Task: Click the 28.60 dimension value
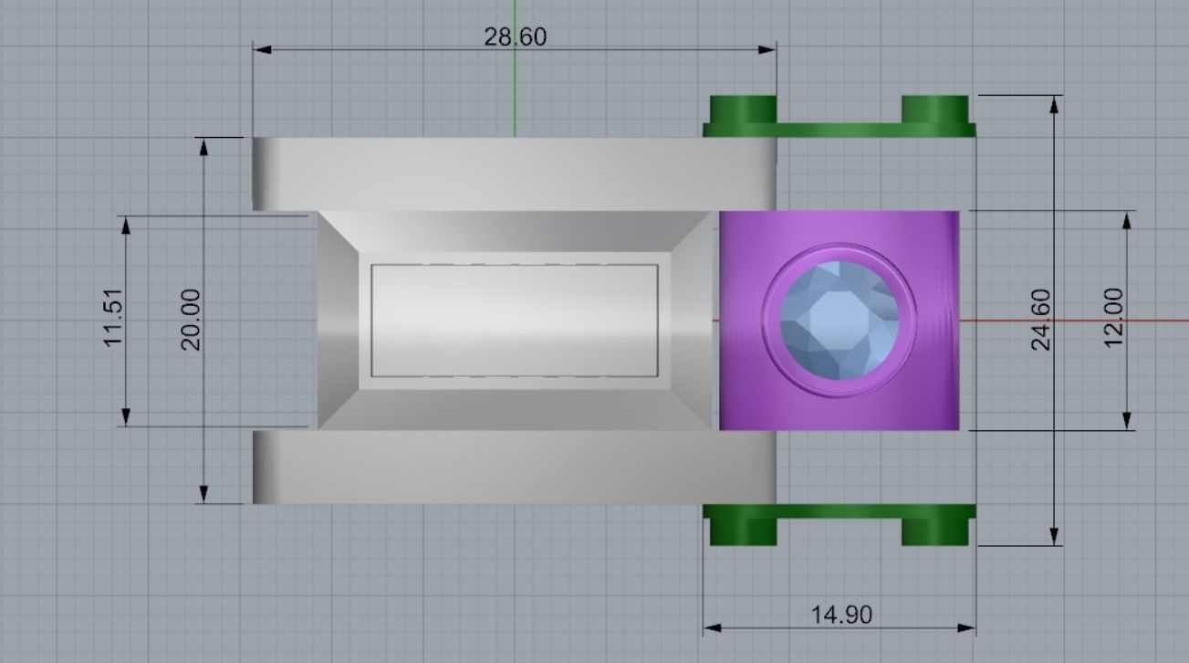[x=515, y=37]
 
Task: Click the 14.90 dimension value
[x=841, y=615]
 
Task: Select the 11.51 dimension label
[x=112, y=318]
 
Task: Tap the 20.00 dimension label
[x=190, y=320]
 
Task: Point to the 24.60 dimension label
[x=1039, y=320]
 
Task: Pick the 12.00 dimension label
[x=1113, y=318]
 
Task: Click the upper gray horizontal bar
[x=514, y=174]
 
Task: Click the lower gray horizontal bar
[x=514, y=467]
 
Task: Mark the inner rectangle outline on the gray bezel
[x=515, y=266]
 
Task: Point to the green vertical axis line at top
[x=515, y=91]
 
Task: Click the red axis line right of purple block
[x=1077, y=321]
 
